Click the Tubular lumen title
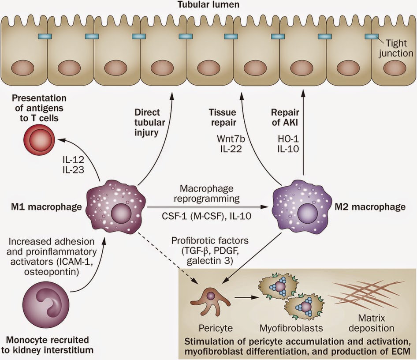[208, 6]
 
